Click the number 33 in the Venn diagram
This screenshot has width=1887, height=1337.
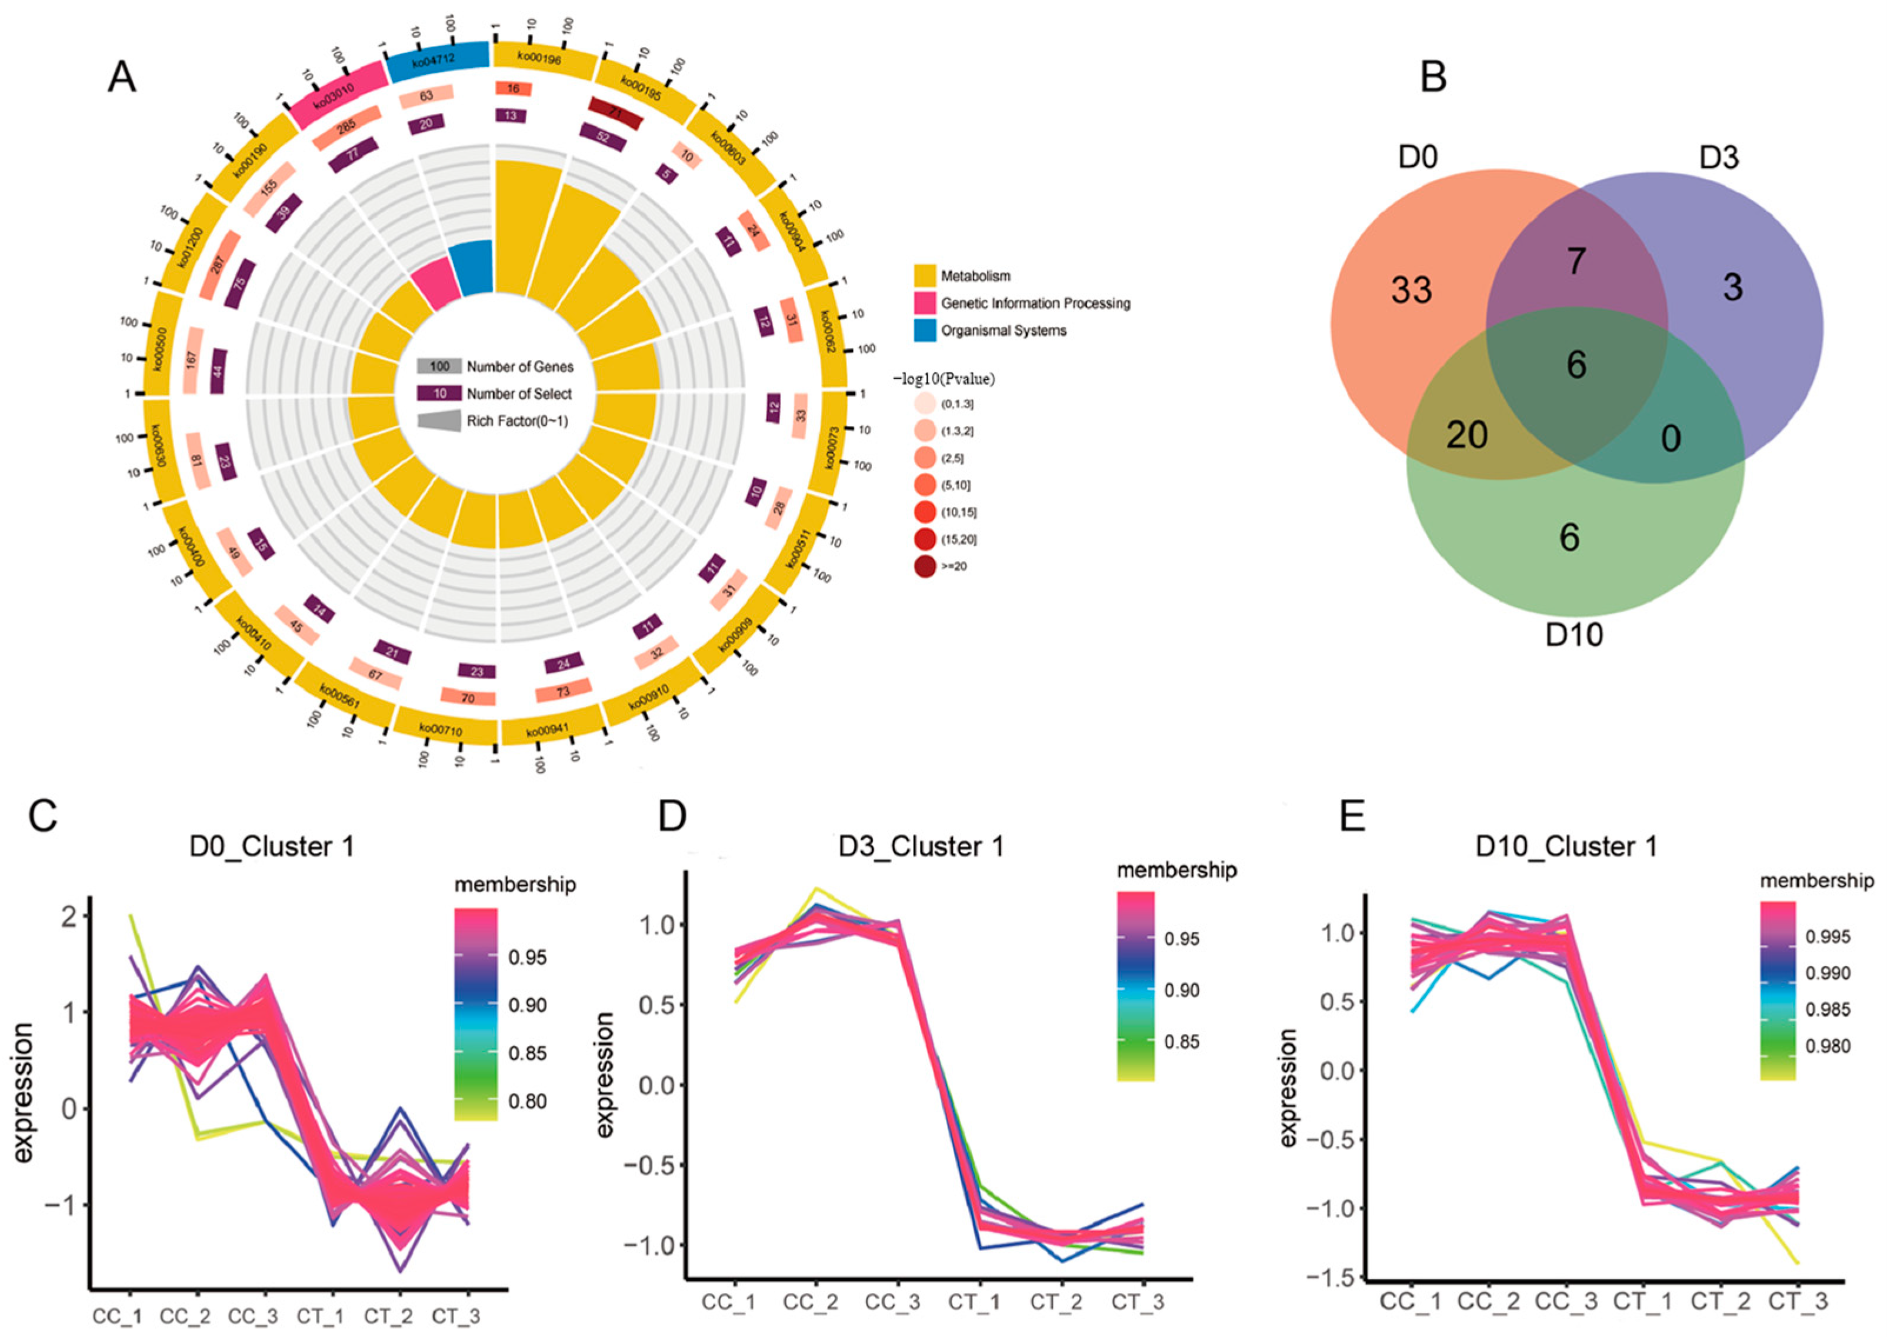pos(1411,290)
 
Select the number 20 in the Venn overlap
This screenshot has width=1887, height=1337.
pos(1466,435)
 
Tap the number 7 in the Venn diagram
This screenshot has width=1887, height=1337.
pos(1576,261)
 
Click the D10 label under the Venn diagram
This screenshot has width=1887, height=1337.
pos(1573,635)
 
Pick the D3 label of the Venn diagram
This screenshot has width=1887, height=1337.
pos(1719,156)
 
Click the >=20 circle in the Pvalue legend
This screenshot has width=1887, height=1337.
pos(925,566)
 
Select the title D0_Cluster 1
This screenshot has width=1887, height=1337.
pos(272,846)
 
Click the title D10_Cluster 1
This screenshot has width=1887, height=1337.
pos(1566,846)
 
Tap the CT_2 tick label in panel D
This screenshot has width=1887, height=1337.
pos(1057,1302)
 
